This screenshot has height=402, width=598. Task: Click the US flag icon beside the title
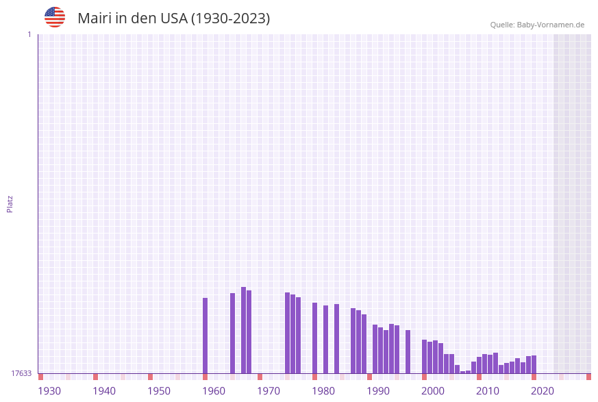pyautogui.click(x=55, y=17)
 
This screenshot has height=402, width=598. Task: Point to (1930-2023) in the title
pyautogui.click(x=230, y=18)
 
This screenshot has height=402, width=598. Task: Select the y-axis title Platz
pyautogui.click(x=10, y=203)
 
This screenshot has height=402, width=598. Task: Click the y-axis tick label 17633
pyautogui.click(x=21, y=373)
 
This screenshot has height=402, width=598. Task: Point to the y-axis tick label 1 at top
pyautogui.click(x=29, y=34)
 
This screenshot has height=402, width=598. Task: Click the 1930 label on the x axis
pyautogui.click(x=49, y=391)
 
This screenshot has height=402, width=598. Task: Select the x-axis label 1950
pyautogui.click(x=159, y=391)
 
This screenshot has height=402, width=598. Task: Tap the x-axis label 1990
pyautogui.click(x=378, y=391)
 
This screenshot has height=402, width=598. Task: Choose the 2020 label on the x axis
pyautogui.click(x=543, y=391)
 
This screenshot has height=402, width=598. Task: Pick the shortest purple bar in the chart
pyautogui.click(x=462, y=372)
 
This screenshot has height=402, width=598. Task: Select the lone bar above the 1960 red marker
pyautogui.click(x=205, y=336)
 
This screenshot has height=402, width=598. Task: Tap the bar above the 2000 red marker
pyautogui.click(x=424, y=356)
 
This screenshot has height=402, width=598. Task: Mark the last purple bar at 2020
pyautogui.click(x=534, y=364)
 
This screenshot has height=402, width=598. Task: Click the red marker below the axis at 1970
pyautogui.click(x=260, y=377)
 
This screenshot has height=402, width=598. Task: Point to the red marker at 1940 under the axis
pyautogui.click(x=95, y=377)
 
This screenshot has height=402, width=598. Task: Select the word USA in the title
pyautogui.click(x=173, y=18)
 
